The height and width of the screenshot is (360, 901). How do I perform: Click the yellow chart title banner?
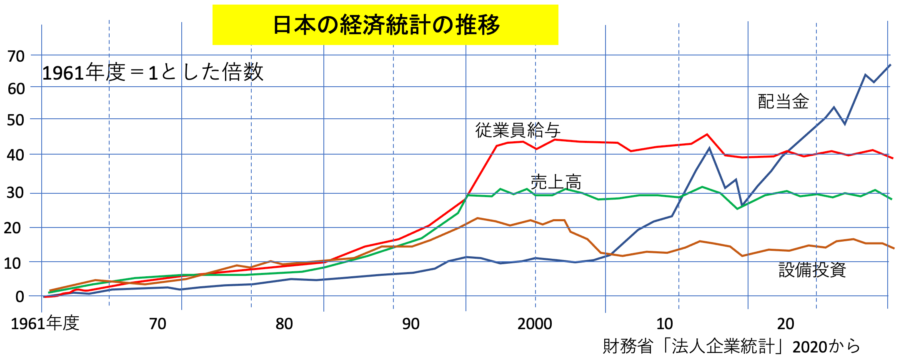385,25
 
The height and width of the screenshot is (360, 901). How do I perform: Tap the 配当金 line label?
783,102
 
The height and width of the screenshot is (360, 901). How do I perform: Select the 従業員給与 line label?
518,130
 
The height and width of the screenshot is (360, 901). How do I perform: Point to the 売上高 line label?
556,182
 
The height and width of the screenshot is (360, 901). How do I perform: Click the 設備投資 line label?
812,270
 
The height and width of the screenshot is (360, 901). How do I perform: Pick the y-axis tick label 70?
16,56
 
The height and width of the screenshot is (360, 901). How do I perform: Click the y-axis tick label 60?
16,88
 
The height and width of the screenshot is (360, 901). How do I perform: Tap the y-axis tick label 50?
16,120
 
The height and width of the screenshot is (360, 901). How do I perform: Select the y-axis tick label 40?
16,155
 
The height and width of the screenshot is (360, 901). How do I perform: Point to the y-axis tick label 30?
16,192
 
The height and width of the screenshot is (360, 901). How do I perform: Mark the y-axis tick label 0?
20,297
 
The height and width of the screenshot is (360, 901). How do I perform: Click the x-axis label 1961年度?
45,323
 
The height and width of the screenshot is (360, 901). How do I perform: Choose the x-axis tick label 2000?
535,324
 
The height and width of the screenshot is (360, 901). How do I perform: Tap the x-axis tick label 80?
284,324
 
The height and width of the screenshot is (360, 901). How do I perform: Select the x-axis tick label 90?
410,324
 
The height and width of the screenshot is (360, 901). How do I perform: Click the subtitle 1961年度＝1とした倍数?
153,72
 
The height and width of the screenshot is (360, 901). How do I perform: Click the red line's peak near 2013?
707,134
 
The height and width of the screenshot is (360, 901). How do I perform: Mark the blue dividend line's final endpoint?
890,65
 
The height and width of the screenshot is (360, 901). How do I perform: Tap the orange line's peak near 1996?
478,218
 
